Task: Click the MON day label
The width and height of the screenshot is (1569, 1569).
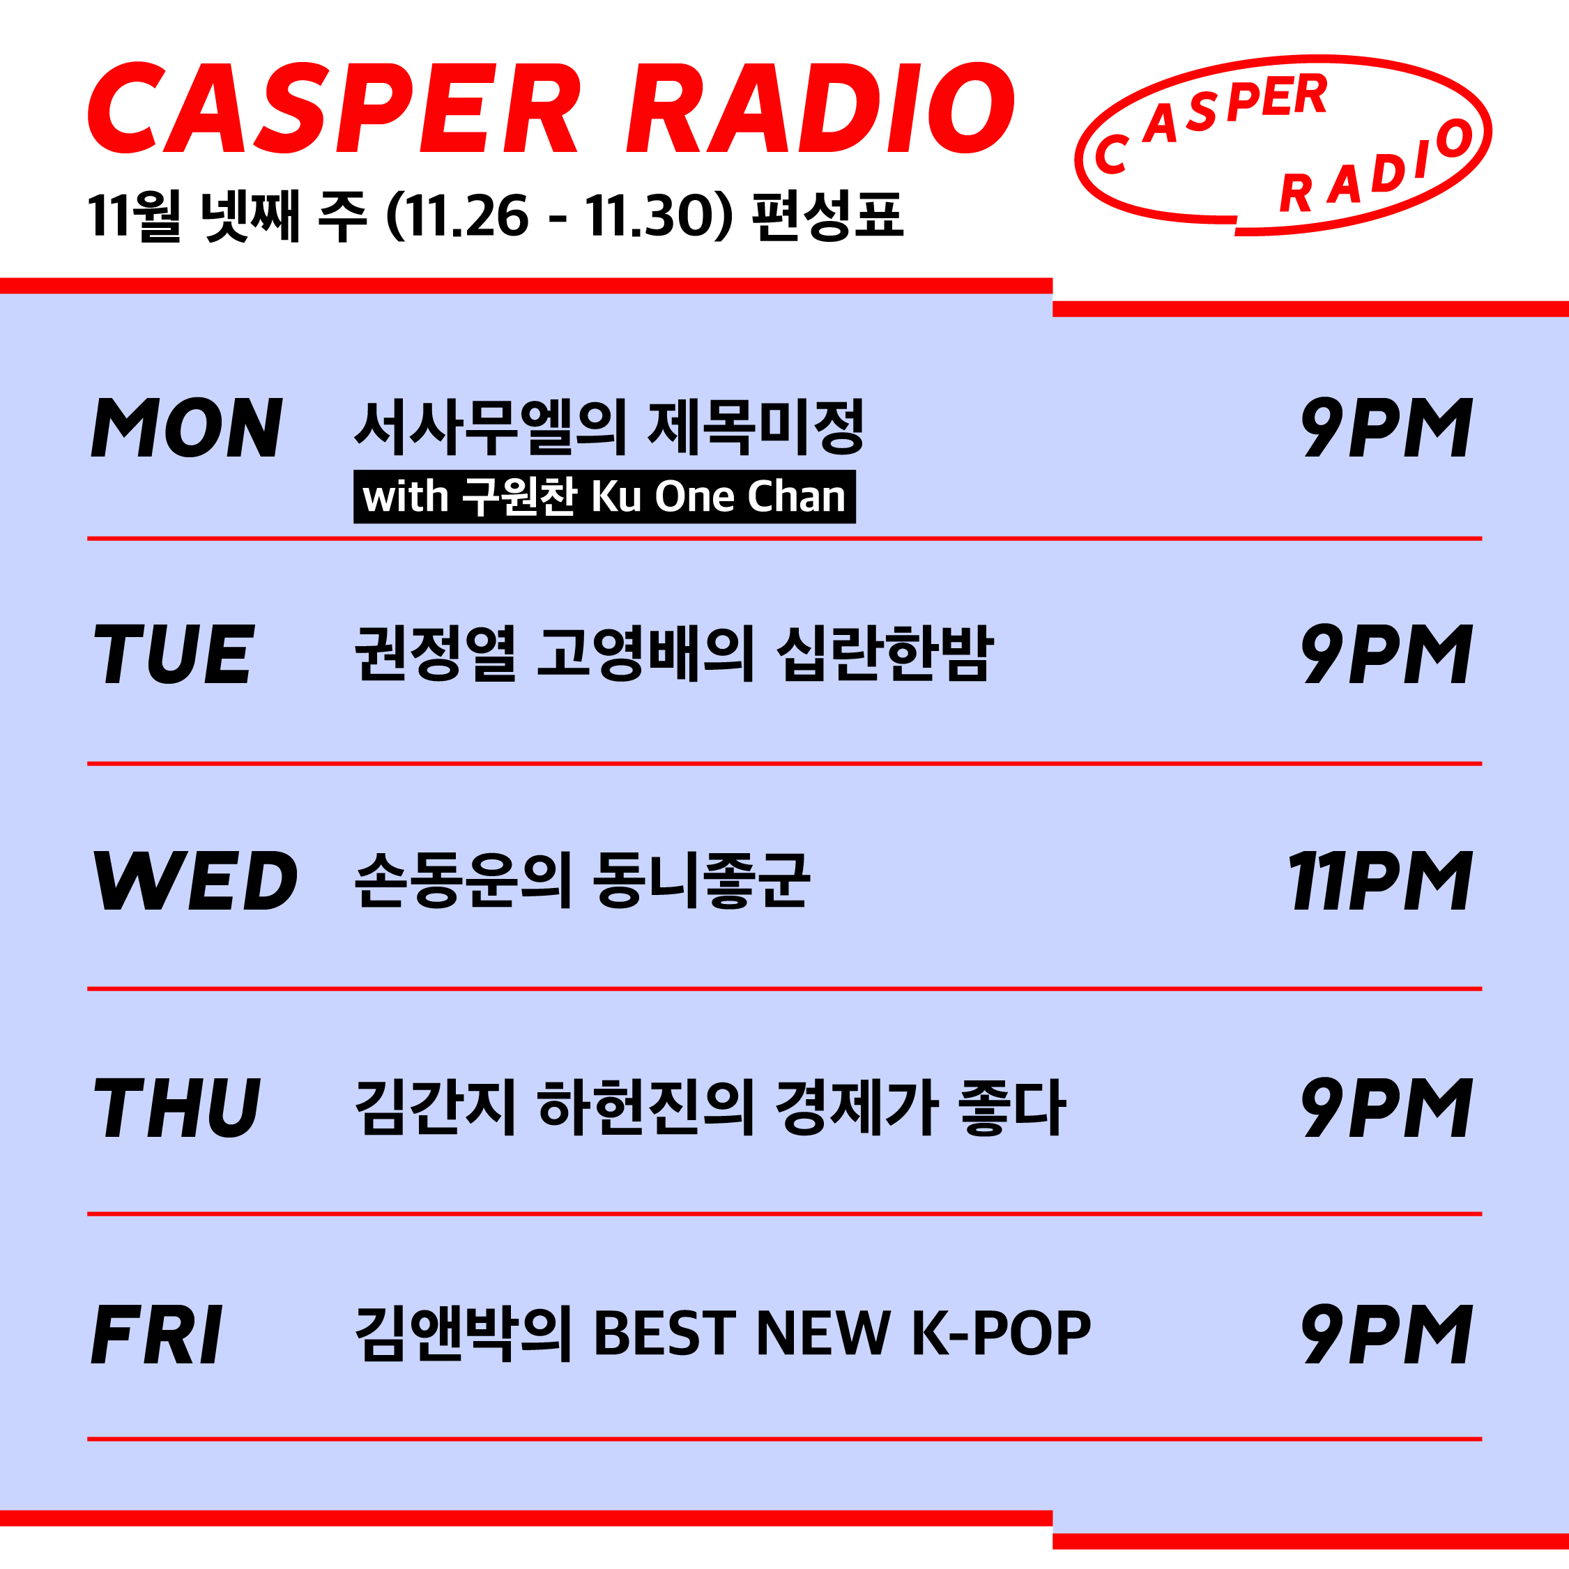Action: [x=187, y=427]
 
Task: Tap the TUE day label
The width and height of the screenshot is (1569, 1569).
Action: [x=174, y=654]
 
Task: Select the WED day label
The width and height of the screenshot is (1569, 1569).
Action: [x=195, y=880]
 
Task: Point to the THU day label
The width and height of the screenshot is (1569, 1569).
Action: [x=177, y=1107]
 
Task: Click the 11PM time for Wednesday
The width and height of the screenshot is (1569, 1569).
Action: [x=1380, y=880]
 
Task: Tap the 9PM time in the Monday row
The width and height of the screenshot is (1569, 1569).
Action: [x=1386, y=427]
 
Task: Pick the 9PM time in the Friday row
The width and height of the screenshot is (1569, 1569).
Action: [x=1386, y=1333]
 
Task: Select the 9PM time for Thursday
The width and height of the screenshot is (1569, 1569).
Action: [x=1386, y=1107]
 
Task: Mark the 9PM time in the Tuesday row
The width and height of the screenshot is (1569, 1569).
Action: [x=1386, y=654]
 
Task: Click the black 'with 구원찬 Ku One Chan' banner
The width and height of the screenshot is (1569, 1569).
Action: [x=604, y=496]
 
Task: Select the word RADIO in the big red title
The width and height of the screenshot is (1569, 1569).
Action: [x=820, y=108]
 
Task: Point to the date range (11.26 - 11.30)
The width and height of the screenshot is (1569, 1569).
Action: [x=560, y=216]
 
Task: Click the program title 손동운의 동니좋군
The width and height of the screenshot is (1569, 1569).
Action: [x=582, y=880]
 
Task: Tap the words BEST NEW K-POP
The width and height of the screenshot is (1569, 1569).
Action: [x=842, y=1333]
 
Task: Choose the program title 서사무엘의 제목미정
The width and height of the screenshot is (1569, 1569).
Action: [x=609, y=427]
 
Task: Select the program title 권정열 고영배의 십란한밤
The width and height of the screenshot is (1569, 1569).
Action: [x=674, y=654]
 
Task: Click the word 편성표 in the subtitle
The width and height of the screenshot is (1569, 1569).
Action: [x=827, y=216]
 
